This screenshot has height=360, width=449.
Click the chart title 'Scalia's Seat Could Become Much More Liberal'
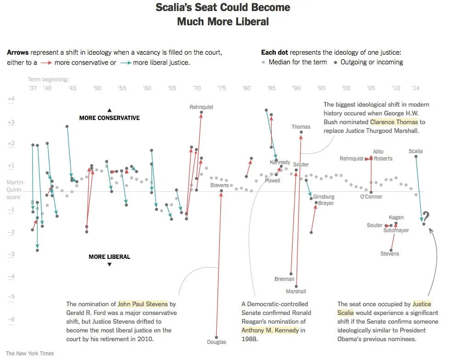point(223,14)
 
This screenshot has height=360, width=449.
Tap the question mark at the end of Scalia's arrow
point(426,217)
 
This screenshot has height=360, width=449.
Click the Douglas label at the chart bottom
point(216,342)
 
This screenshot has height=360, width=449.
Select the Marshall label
point(296,291)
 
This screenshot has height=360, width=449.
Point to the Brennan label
point(284,279)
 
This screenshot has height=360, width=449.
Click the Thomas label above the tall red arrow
point(301,127)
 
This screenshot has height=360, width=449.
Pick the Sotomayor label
point(396,230)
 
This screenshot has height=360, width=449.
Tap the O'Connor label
point(371,197)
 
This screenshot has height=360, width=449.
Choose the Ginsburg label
point(324,197)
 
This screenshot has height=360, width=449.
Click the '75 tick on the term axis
point(222,88)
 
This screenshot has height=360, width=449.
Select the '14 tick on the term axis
point(415,88)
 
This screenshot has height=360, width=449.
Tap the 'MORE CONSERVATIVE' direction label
point(109,118)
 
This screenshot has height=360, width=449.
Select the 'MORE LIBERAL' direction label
point(109,257)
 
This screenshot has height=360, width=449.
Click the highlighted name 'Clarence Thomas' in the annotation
point(394,122)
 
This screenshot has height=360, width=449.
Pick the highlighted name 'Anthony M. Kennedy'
point(270,330)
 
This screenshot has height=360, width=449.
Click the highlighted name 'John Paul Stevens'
point(143,304)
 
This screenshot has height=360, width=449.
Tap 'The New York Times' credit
point(30,354)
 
